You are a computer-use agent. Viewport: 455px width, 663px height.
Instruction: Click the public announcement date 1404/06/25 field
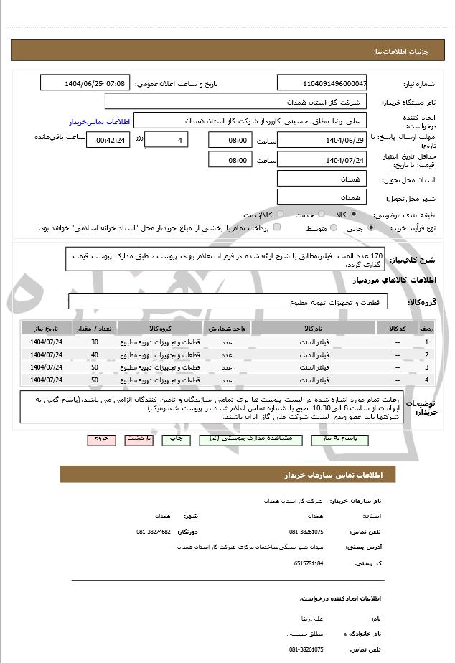pyautogui.click(x=85, y=83)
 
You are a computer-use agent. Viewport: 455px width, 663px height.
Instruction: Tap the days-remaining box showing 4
pyautogui.click(x=166, y=140)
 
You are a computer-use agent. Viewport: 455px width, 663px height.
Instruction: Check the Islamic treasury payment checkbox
pyautogui.click(x=277, y=227)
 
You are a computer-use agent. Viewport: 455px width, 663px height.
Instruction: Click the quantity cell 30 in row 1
pyautogui.click(x=95, y=342)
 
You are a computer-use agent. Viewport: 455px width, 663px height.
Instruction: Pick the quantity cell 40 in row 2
pyautogui.click(x=95, y=354)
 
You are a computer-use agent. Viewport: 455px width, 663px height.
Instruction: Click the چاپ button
pyautogui.click(x=177, y=438)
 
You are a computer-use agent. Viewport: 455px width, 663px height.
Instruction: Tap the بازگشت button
pyautogui.click(x=138, y=438)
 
